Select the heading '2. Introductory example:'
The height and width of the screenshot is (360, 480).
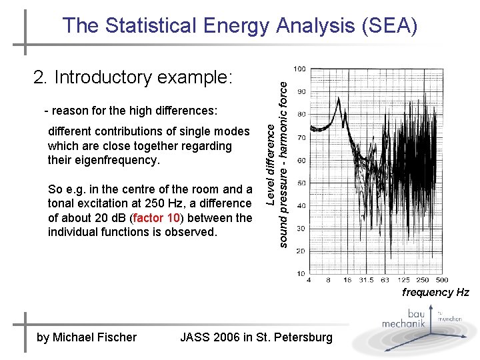tap(133, 77)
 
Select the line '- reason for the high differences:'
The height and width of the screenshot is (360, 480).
tap(131, 110)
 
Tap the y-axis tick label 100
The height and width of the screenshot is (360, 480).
tap(300, 69)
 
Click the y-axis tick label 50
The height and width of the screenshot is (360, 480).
tap(301, 183)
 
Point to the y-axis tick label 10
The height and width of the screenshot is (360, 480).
tap(301, 273)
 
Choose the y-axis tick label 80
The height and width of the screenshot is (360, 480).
tap(301, 115)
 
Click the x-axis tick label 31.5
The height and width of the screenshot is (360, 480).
tap(367, 281)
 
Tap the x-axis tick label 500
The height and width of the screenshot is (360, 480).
tap(441, 281)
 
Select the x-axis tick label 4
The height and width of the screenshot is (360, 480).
tap(309, 281)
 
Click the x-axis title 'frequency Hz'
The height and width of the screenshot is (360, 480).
tap(435, 293)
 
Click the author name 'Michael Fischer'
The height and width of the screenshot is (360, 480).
tap(95, 337)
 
